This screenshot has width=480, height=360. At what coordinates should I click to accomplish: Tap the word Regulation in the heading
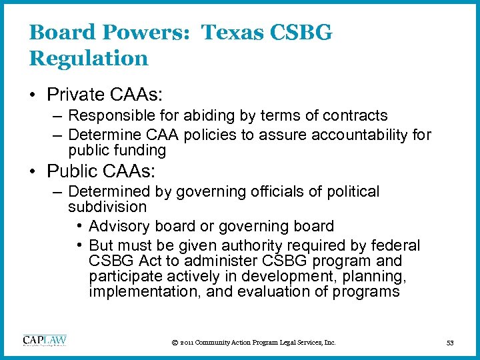pos(89,58)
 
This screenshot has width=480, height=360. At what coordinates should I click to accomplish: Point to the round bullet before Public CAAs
pos(33,171)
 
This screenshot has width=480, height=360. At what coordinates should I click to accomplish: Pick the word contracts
pos(353,116)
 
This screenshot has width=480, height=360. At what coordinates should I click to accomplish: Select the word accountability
pos(360,135)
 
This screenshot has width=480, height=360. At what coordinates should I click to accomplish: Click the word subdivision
pos(107,207)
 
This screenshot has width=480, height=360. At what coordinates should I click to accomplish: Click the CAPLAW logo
pos(45,341)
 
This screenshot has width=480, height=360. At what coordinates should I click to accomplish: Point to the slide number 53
pos(450,343)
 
